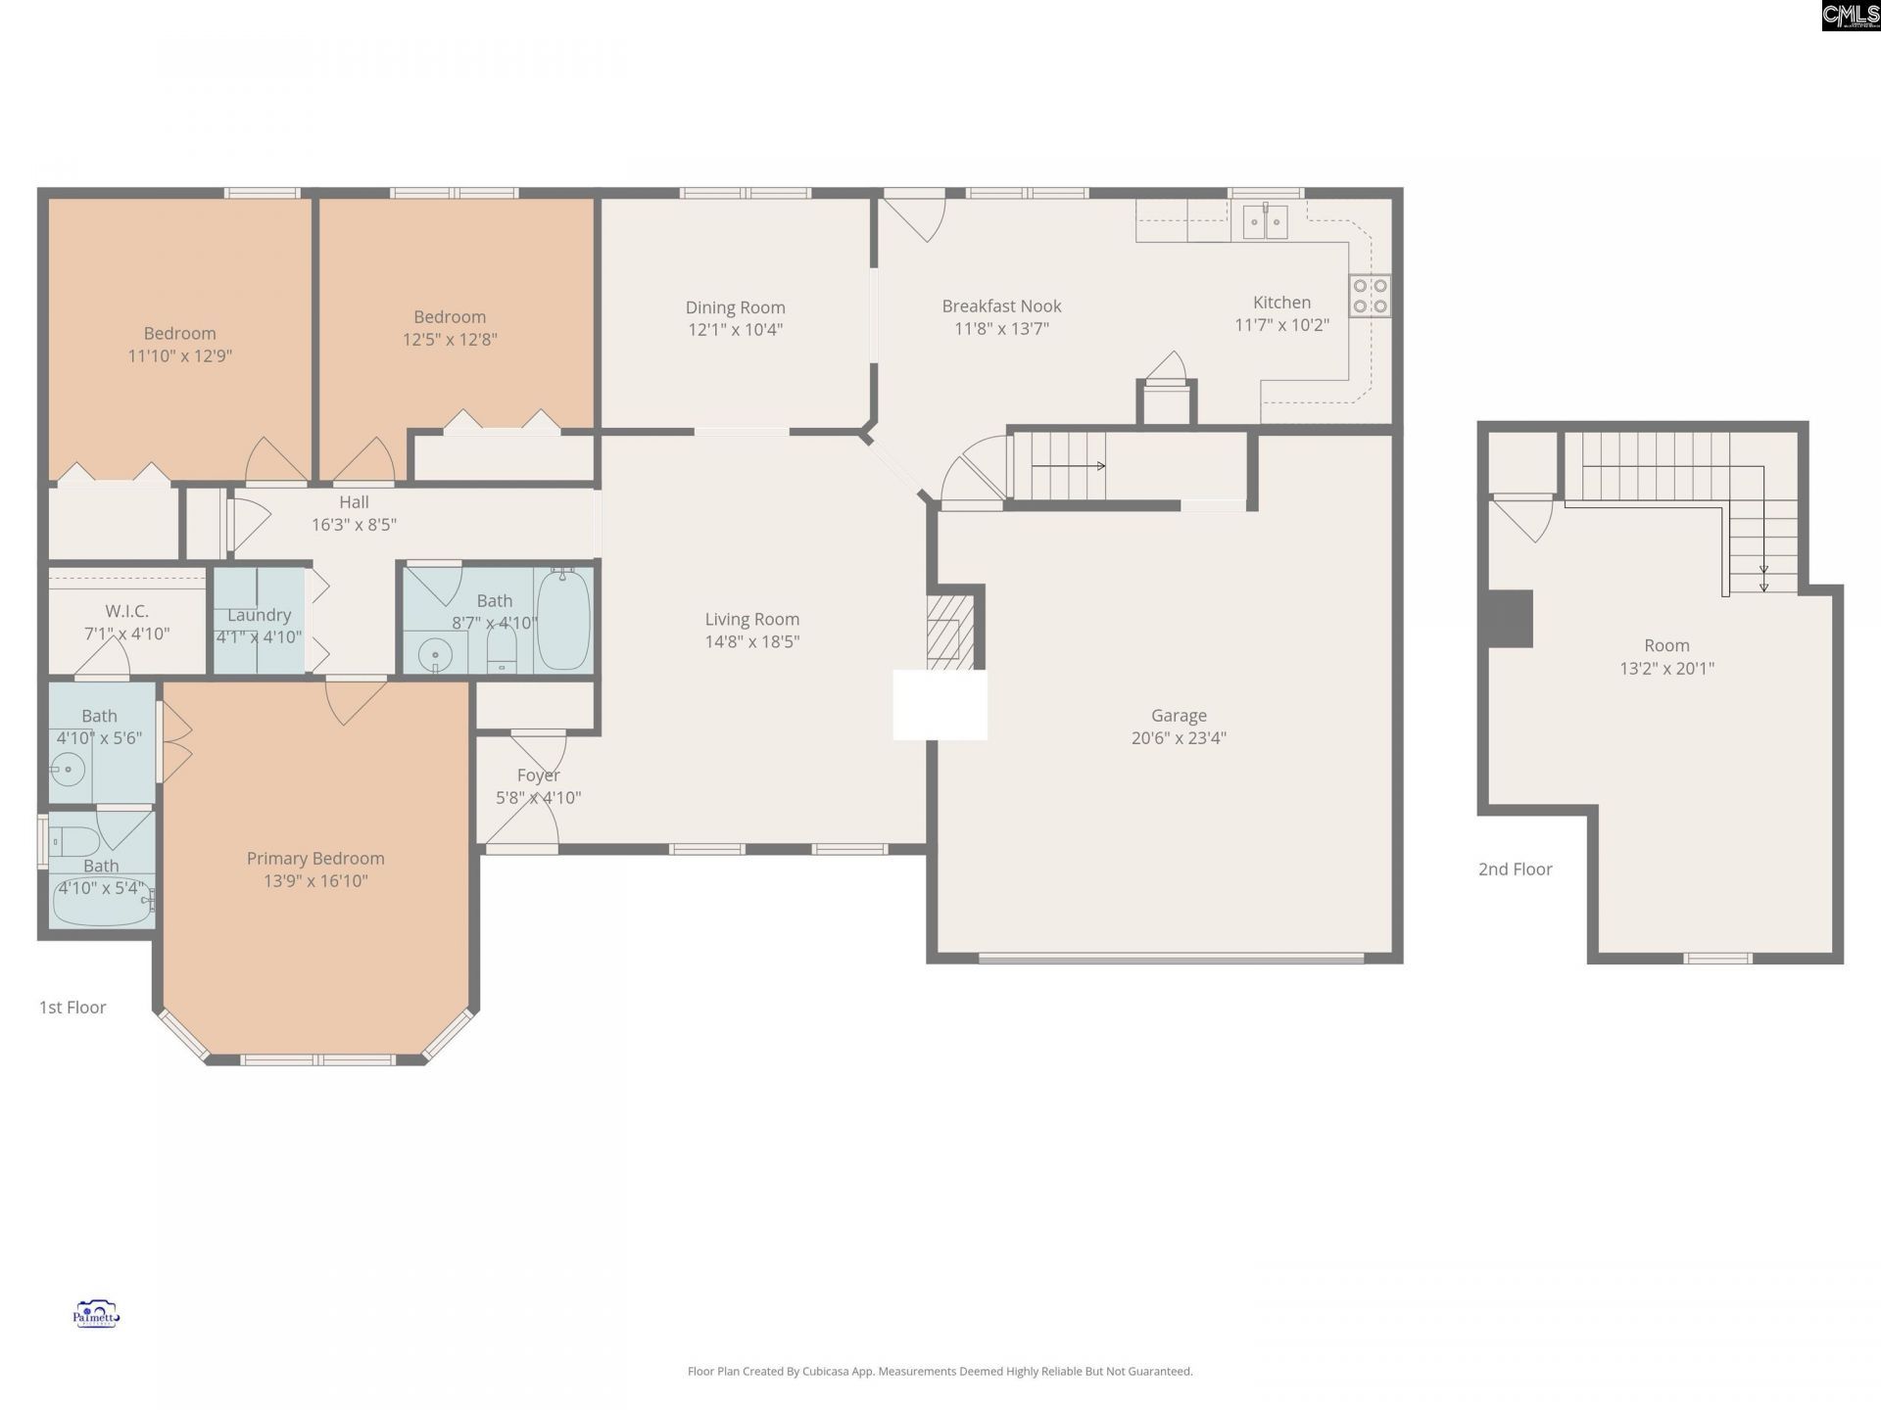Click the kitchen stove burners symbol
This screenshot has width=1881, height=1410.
[1370, 296]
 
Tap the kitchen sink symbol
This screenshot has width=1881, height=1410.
[1266, 222]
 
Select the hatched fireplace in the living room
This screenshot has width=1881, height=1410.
[950, 632]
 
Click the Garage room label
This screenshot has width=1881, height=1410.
[1179, 716]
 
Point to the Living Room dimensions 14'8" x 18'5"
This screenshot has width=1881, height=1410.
[752, 641]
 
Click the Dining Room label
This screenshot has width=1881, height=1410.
[735, 307]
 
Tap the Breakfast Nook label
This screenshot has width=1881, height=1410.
[1001, 306]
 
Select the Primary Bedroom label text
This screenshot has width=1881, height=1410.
[315, 859]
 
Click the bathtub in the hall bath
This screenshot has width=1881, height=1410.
[563, 619]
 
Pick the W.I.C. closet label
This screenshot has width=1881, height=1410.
[127, 611]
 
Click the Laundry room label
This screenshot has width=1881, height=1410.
[259, 615]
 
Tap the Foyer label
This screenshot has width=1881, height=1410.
[538, 775]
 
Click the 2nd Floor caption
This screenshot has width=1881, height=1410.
[1515, 869]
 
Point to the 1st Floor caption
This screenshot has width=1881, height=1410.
[72, 1007]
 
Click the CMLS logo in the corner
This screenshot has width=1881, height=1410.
[1851, 16]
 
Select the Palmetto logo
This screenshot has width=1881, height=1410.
[96, 1314]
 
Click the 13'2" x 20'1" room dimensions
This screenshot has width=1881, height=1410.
[1666, 669]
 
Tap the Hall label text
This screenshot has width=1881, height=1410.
[354, 502]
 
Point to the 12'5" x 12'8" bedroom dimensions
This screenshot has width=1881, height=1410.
[450, 340]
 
